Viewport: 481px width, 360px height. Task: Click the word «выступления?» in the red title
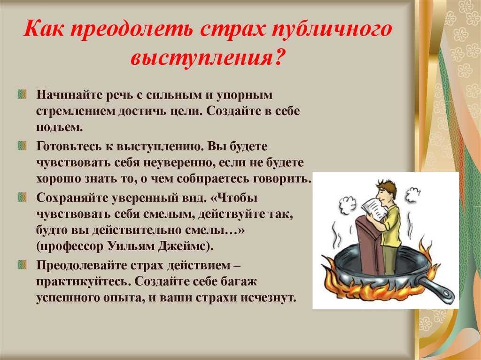click(x=207, y=57)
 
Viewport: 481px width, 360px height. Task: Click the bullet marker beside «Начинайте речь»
click(x=22, y=94)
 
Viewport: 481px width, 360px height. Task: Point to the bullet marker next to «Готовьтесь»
click(x=22, y=146)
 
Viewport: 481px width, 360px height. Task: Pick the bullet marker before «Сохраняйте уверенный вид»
click(x=22, y=197)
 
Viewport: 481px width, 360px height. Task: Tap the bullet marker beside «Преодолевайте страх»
click(x=22, y=265)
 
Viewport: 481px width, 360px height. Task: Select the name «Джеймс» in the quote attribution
click(x=183, y=246)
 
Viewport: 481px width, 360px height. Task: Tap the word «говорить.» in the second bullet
click(x=282, y=179)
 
